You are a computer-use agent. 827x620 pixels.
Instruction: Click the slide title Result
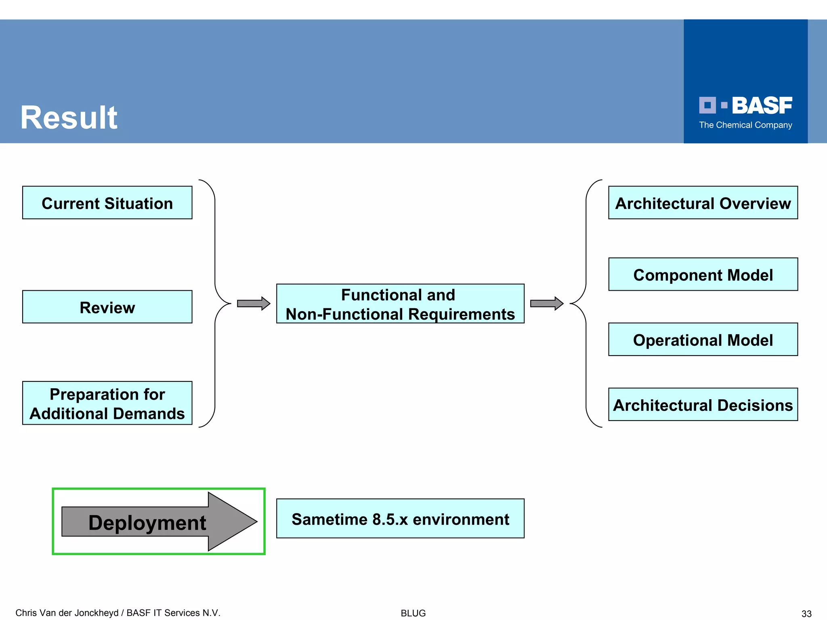click(69, 117)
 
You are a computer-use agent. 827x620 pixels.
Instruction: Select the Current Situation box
click(107, 203)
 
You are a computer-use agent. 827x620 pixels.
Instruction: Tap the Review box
click(107, 307)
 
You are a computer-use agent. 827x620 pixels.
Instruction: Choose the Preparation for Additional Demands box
click(107, 403)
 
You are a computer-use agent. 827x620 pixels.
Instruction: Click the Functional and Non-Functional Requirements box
click(400, 304)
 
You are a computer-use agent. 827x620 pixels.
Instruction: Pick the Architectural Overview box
click(703, 203)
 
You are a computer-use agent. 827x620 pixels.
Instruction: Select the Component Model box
click(703, 274)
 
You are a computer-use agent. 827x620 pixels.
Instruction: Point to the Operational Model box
click(703, 339)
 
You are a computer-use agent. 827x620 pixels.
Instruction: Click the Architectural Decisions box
click(703, 404)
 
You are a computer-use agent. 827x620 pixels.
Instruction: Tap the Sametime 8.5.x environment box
click(400, 519)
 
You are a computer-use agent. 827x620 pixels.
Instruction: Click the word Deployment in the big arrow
click(147, 522)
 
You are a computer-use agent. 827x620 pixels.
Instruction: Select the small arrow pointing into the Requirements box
click(253, 304)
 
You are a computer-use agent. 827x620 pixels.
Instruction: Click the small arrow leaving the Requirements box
click(546, 304)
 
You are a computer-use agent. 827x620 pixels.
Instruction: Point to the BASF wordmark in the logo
click(762, 106)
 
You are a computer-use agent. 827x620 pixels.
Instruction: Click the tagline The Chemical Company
click(745, 125)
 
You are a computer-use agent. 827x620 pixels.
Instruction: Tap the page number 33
click(806, 614)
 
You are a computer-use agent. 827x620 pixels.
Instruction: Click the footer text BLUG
click(413, 613)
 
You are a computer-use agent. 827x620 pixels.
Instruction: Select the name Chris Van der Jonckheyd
click(67, 613)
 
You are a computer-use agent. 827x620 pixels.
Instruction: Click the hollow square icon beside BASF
click(707, 105)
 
